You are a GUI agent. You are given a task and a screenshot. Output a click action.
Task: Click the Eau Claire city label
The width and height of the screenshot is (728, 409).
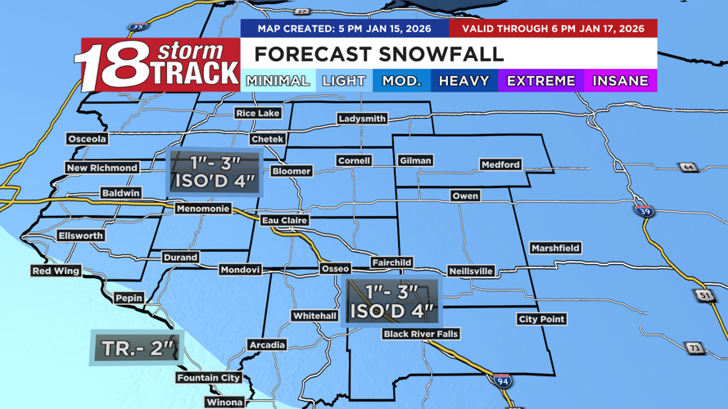[284, 221]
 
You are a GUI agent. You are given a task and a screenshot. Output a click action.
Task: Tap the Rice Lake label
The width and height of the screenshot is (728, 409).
[257, 113]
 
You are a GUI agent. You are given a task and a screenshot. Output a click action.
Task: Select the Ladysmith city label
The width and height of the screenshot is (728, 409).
[362, 119]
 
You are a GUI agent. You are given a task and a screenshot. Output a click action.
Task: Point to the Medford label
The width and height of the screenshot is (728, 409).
[500, 164]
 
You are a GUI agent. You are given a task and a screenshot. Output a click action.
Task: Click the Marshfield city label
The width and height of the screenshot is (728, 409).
[555, 248]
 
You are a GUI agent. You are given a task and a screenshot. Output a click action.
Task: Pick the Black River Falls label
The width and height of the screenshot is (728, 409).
[421, 334]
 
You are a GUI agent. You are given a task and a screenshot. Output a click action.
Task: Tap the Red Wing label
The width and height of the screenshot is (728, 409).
[57, 271]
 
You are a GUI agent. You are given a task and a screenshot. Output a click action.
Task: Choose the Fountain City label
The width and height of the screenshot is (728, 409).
[209, 378]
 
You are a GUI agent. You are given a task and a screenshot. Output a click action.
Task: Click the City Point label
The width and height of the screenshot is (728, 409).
[541, 319]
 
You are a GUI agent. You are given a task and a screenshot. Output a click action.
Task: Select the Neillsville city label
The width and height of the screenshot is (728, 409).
[471, 271]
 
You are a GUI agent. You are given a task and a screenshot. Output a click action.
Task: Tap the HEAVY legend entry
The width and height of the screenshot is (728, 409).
[463, 81]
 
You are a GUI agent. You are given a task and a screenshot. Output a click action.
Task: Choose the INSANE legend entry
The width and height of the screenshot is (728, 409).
[620, 81]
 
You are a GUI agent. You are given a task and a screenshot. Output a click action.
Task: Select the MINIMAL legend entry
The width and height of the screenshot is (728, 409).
[278, 81]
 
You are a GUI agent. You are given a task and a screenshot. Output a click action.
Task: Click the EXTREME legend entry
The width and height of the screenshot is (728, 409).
[540, 81]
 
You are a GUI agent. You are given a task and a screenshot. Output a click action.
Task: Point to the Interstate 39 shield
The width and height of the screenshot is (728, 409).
[644, 210]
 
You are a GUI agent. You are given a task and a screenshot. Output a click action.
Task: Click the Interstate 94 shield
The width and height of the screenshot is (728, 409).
[503, 380]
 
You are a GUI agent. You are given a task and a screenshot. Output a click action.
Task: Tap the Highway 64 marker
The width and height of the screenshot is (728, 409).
[688, 168]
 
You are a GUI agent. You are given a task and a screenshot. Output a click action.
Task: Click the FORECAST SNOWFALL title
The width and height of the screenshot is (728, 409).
[378, 55]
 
